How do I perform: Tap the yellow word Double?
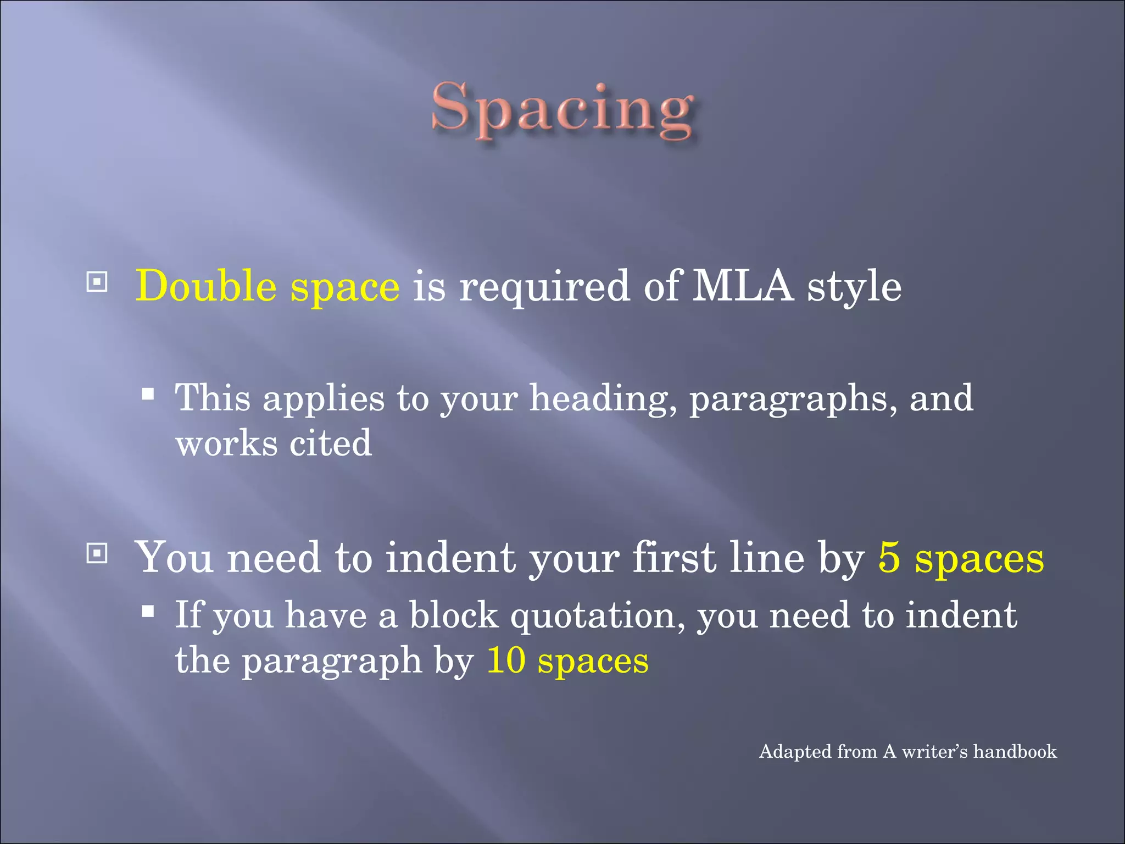click(206, 286)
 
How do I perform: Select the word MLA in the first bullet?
click(743, 286)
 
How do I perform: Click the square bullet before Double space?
click(97, 282)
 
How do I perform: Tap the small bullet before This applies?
click(147, 393)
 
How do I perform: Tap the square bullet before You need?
click(97, 553)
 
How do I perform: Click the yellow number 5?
click(889, 557)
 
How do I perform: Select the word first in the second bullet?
click(675, 557)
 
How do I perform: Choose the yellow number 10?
click(506, 660)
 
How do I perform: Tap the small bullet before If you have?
click(147, 610)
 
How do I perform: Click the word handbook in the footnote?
click(1015, 751)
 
